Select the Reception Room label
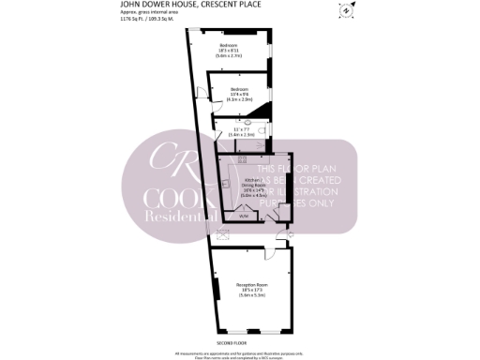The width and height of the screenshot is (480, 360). coord(251,291)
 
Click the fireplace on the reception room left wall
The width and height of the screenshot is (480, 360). coord(217,292)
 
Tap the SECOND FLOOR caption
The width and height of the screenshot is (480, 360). coord(240,343)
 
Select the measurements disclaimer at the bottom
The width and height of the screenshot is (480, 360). coord(240,353)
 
